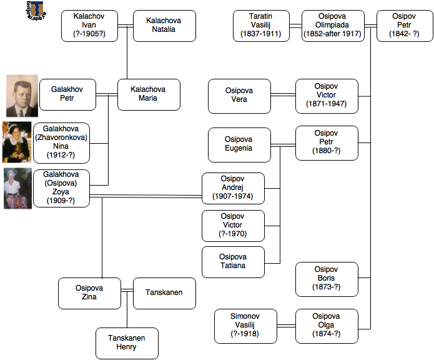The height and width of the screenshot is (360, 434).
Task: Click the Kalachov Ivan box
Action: pos(89,26)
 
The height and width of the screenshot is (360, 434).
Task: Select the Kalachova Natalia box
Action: pos(164,26)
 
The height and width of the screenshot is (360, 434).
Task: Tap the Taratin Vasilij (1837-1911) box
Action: pos(261,26)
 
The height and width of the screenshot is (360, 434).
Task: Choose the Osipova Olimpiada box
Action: pos(332,26)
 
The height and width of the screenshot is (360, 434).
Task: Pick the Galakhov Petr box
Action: pos(71,94)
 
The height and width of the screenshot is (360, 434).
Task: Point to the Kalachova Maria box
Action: pos(148,94)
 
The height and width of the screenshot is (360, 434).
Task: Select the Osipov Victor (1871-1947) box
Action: pos(327,96)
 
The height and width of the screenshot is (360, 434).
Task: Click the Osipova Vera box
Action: pos(239,96)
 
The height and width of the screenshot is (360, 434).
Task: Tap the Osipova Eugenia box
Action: pos(239,144)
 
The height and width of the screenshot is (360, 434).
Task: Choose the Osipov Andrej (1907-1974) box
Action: pos(233,188)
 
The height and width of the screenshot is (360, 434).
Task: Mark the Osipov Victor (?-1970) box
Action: pos(233,226)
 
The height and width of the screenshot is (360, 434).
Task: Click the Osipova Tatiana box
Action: pos(233,262)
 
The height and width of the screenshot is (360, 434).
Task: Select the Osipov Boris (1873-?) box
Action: pos(327,279)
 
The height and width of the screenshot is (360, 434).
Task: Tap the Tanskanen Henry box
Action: pos(127,343)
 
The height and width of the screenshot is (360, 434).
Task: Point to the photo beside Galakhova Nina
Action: pos(17,142)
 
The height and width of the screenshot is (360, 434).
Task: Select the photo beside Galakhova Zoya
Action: pos(17,188)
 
